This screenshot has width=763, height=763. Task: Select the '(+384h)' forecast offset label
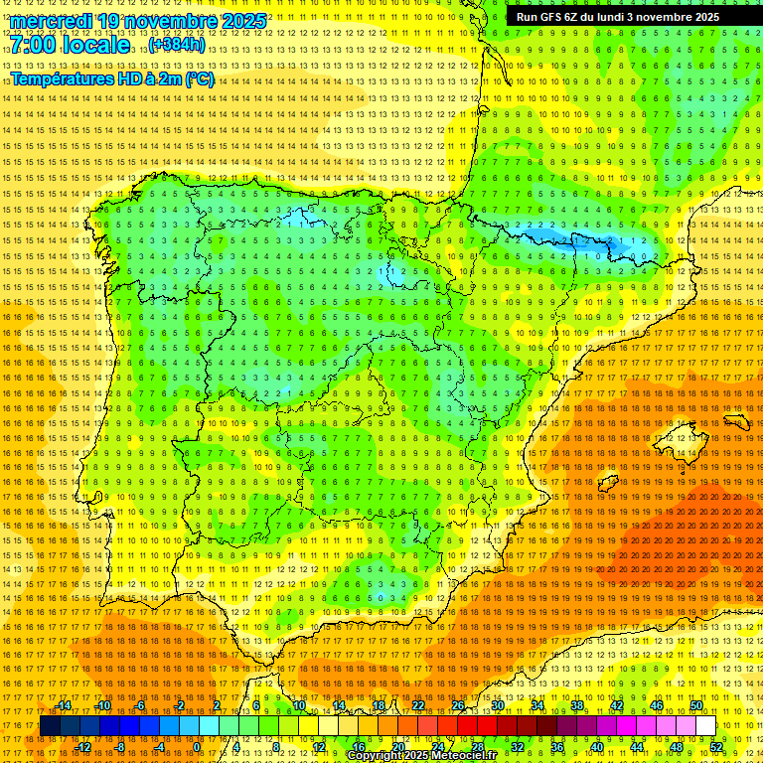click(177, 45)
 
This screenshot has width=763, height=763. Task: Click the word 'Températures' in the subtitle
click(62, 78)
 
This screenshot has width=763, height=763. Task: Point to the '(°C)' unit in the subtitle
click(199, 78)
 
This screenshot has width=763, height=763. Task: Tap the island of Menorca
click(736, 422)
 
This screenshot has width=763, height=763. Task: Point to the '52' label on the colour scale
click(716, 747)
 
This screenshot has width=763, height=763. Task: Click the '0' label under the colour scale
click(197, 747)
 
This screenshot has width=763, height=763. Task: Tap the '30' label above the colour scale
click(497, 705)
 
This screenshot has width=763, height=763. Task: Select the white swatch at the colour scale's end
click(705, 726)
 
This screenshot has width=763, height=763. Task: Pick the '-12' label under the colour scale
click(83, 747)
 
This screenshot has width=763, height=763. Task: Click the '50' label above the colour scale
click(696, 705)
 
